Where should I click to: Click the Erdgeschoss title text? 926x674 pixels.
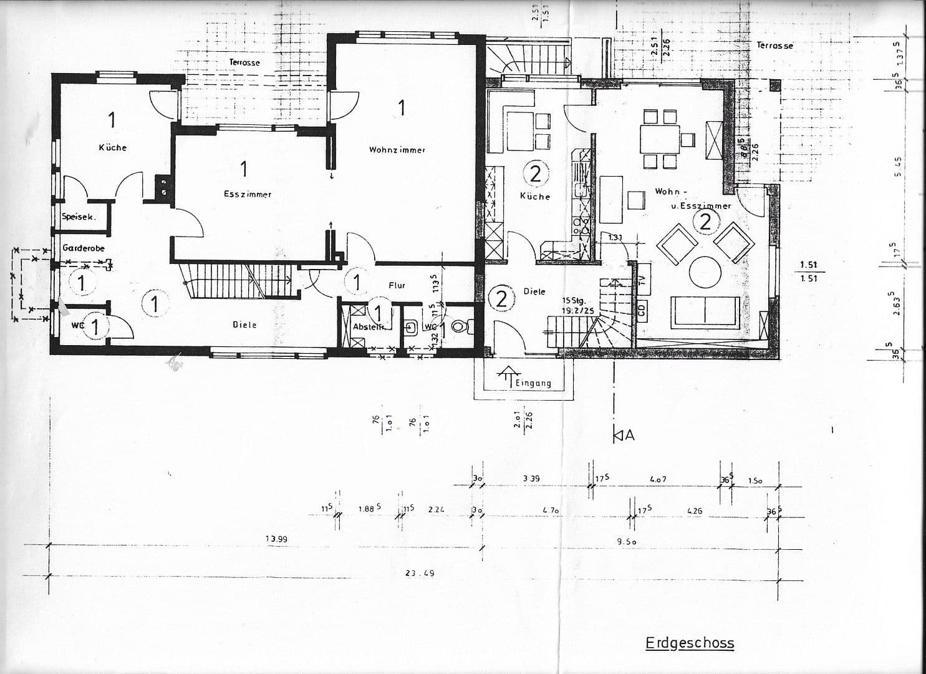(x=690, y=643)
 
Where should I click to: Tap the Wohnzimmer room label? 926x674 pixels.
(x=397, y=150)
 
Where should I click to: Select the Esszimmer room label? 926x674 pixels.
(x=248, y=194)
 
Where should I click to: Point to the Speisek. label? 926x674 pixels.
(x=78, y=217)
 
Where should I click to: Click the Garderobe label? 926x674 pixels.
(x=84, y=248)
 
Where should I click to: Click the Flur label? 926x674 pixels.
(x=397, y=285)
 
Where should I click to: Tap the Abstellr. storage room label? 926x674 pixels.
(x=368, y=326)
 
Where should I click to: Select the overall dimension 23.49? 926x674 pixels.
(x=420, y=573)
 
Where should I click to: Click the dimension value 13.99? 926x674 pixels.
(x=276, y=539)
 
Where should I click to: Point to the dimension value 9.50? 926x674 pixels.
(x=627, y=542)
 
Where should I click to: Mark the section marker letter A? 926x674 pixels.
(x=629, y=436)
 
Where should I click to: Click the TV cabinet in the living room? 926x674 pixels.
(x=642, y=274)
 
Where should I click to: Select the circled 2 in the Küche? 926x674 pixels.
(x=535, y=174)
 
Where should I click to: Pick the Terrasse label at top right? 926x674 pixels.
(x=774, y=46)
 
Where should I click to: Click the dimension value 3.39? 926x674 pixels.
(x=531, y=479)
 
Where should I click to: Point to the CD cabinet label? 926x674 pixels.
(x=642, y=310)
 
